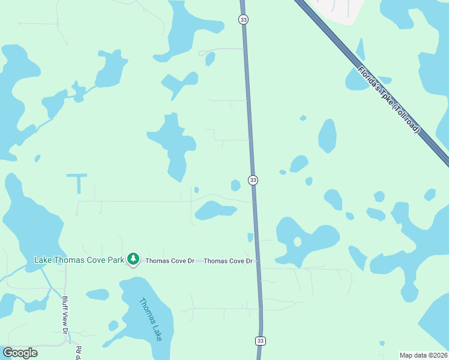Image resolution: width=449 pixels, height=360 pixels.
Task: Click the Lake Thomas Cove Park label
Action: point(79,260)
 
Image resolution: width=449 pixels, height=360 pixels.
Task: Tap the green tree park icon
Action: point(133,259)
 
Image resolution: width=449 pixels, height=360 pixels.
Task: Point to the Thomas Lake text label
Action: point(150,320)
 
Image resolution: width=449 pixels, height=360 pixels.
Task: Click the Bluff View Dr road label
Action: point(66,313)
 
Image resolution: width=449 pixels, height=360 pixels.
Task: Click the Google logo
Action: point(20,353)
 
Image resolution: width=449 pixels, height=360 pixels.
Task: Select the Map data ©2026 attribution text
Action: point(424,355)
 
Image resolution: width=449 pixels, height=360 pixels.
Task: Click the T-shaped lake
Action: point(77,180)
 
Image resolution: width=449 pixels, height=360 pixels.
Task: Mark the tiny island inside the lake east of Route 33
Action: point(297,242)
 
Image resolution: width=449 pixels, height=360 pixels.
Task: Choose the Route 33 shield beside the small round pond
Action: point(253,181)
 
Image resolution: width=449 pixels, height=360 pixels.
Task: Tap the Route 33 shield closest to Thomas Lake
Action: point(260,341)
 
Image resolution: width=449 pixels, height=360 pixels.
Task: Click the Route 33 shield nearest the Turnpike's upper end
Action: point(243,20)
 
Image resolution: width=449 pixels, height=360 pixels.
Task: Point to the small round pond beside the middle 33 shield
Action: point(235,185)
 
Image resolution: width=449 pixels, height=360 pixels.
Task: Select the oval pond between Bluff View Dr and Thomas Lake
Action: point(97,295)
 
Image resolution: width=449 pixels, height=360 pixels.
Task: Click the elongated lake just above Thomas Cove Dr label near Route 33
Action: point(215,210)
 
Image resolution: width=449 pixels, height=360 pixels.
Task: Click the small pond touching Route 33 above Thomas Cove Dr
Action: point(250,238)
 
